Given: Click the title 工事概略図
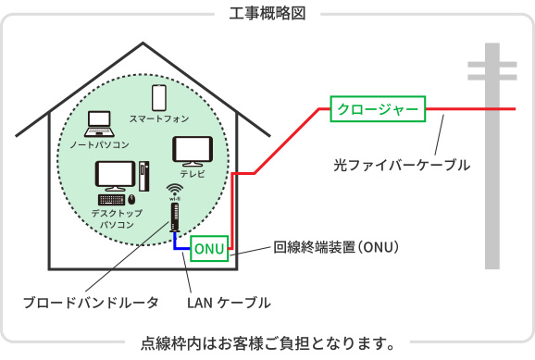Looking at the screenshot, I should pyautogui.click(x=267, y=14).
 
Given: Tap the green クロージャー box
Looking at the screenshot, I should pyautogui.click(x=378, y=109).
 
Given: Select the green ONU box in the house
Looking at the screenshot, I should pyautogui.click(x=209, y=249).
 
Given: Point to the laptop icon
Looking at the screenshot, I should pyautogui.click(x=98, y=124).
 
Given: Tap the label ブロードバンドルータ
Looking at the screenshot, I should pyautogui.click(x=91, y=303).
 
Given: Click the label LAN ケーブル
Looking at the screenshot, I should pyautogui.click(x=229, y=303).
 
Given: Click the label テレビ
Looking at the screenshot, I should pyautogui.click(x=193, y=173).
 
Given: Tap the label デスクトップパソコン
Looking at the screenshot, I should pyautogui.click(x=117, y=218).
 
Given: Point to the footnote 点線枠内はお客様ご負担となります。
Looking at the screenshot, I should pyautogui.click(x=267, y=344).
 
